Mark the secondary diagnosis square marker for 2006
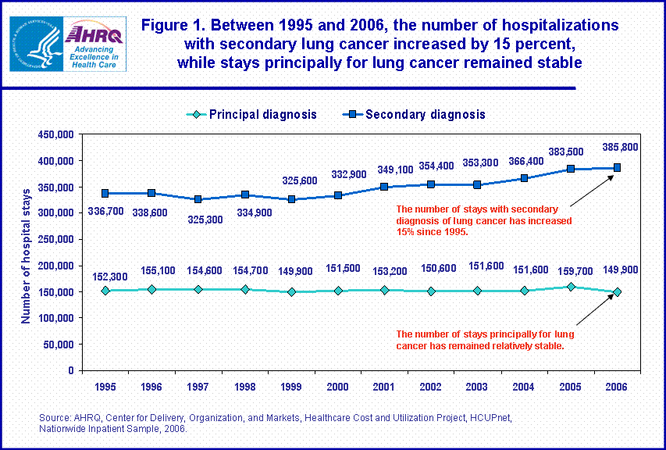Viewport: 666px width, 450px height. (616, 167)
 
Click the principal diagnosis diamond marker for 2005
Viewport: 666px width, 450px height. (571, 287)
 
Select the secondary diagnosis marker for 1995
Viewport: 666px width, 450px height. (105, 193)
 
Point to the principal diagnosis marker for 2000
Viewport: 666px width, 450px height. (338, 291)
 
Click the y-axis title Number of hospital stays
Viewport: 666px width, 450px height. (26, 255)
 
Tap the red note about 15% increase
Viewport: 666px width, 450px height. (484, 220)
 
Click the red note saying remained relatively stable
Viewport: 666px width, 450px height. (486, 339)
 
